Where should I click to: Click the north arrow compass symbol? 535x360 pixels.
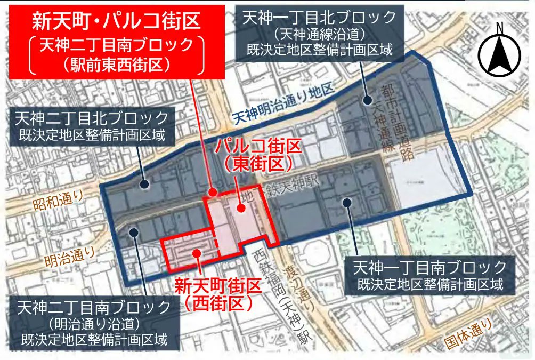click(499, 51)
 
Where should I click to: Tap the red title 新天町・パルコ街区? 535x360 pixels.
click(116, 21)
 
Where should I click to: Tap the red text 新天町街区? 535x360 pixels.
click(219, 286)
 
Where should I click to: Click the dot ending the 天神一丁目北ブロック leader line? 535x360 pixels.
click(368, 99)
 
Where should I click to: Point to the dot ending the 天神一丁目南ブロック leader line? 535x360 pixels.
click(347, 202)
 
